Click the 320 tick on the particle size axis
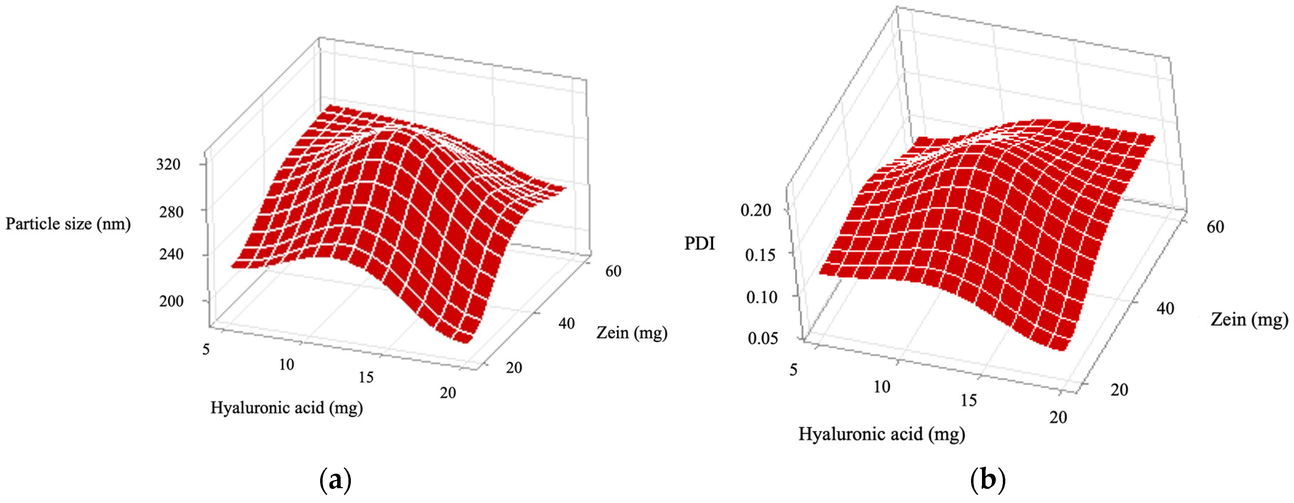168,164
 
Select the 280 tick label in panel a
171,212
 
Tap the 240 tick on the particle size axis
171,254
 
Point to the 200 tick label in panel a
171,301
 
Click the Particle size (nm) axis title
68,223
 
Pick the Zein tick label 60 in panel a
613,271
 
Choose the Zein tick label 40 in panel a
566,324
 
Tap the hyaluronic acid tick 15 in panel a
366,377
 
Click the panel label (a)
335,480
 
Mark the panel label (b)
988,480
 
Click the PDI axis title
699,244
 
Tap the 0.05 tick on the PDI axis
763,339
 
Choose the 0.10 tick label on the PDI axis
761,297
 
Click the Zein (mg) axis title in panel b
1249,319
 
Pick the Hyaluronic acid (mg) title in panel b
882,434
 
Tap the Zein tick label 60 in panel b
1215,227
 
